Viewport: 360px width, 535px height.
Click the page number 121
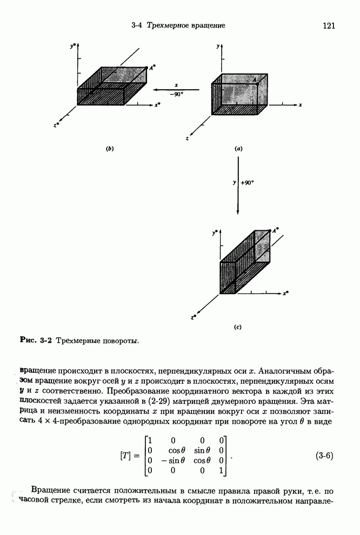coord(330,25)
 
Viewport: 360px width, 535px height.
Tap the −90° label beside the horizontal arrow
coord(176,93)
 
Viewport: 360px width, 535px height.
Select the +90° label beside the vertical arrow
coord(247,183)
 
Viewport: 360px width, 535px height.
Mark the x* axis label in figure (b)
coord(157,105)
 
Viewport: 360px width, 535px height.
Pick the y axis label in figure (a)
coord(218,47)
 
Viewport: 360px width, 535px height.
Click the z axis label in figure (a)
coord(187,139)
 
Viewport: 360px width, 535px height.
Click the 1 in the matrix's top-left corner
coord(150,440)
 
